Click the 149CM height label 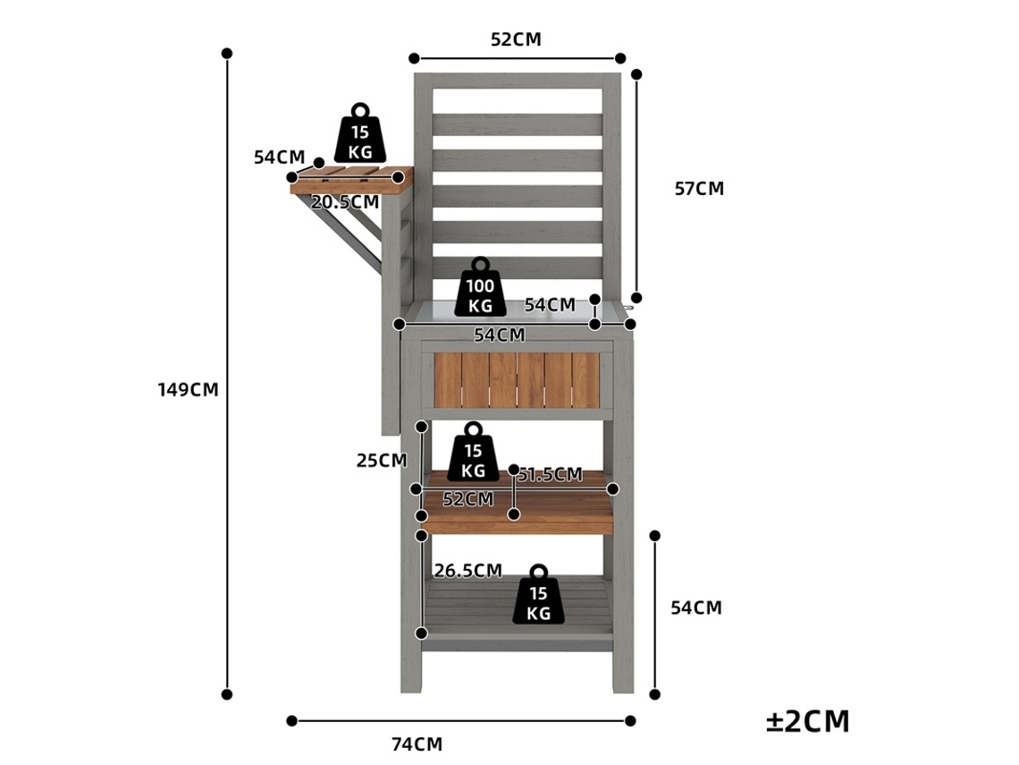tap(188, 389)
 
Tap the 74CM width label tap(417, 744)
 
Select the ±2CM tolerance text tap(808, 721)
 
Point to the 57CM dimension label tap(699, 189)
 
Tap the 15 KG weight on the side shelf tap(360, 133)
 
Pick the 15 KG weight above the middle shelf tap(473, 452)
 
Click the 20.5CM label tap(344, 202)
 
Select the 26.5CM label tap(467, 571)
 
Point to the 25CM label tap(382, 461)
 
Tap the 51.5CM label tap(551, 475)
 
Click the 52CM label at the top tap(516, 39)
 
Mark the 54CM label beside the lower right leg tap(696, 608)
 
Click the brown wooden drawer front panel tap(517, 380)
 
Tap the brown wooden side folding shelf tap(351, 181)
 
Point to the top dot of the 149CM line tap(227, 54)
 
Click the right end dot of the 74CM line tap(630, 721)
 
